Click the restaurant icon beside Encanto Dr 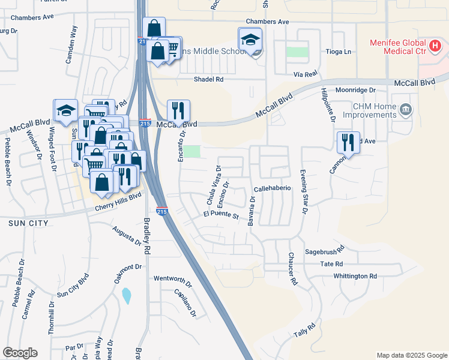point(178,110)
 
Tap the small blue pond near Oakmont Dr point(126,295)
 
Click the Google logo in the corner point(20,353)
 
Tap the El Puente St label point(221,214)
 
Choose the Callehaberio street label point(273,188)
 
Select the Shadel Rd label point(208,79)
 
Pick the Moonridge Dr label point(355,89)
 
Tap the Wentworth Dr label point(172,278)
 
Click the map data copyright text point(411,355)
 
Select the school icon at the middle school point(250,40)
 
